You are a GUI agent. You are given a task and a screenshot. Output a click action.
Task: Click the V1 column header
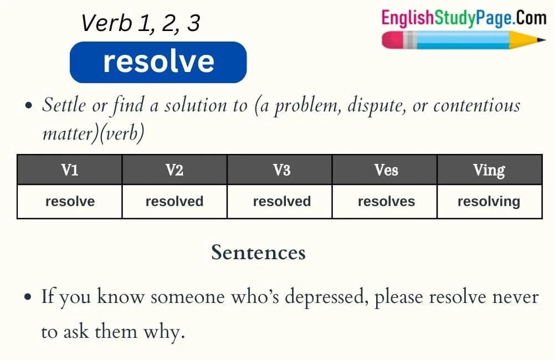pyautogui.click(x=69, y=170)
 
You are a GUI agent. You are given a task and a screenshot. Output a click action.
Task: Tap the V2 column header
pyautogui.click(x=175, y=170)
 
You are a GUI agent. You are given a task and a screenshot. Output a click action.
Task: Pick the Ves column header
pyautogui.click(x=386, y=170)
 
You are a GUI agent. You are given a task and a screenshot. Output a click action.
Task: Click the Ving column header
pyautogui.click(x=489, y=170)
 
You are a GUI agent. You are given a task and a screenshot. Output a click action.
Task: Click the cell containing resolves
pyautogui.click(x=386, y=202)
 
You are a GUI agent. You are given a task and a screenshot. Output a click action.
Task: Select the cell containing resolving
pyautogui.click(x=489, y=202)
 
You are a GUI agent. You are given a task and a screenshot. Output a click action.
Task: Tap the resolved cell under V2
pyautogui.click(x=175, y=202)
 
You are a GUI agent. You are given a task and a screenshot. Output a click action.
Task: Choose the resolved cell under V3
pyautogui.click(x=281, y=202)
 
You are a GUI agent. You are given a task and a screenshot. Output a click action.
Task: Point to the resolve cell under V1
pyautogui.click(x=70, y=202)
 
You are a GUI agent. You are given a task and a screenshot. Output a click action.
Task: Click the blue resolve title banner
pyautogui.click(x=158, y=61)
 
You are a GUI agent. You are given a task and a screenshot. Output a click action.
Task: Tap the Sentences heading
pyautogui.click(x=258, y=253)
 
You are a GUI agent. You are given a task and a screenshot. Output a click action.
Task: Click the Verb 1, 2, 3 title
pyautogui.click(x=140, y=23)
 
